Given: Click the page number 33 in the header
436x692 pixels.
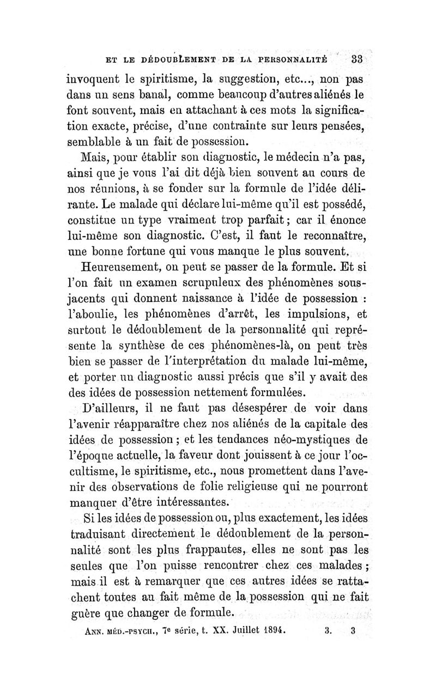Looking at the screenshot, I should tap(361, 59).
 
